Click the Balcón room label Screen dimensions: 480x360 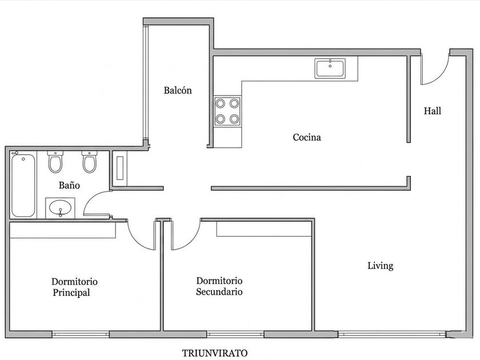coord(178,90)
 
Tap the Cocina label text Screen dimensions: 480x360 coord(307,137)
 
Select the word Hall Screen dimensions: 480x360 coord(432,111)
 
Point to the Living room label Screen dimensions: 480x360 coord(380,265)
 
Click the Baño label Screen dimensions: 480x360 coord(69,185)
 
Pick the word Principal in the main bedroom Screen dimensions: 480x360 coord(71,293)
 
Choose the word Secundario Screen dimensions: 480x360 coord(219,292)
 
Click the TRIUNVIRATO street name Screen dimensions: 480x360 coord(215,353)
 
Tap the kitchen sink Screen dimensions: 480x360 coord(330,68)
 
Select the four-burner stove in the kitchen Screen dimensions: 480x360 coord(227,111)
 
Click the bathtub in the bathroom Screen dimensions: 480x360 coord(23,185)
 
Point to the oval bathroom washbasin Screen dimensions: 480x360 coord(60,208)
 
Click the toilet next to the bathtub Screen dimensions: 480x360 coord(55,161)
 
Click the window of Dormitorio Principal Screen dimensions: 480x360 coord(81,334)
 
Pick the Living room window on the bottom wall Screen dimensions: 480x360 coord(392,334)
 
